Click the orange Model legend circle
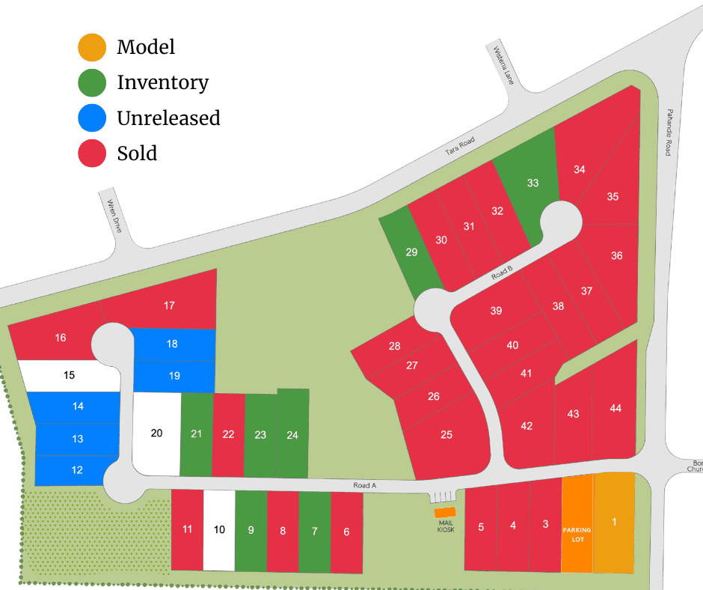(92, 46)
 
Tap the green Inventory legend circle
(92, 82)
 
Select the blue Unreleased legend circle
(92, 118)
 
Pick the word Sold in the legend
(137, 153)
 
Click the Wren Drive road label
(114, 216)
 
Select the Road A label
(365, 486)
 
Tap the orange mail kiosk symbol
(445, 513)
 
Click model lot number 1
(614, 522)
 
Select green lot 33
(532, 183)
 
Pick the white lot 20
(156, 433)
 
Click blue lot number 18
(173, 344)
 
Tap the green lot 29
(411, 252)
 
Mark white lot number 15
(69, 375)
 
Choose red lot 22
(228, 434)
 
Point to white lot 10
(219, 529)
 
